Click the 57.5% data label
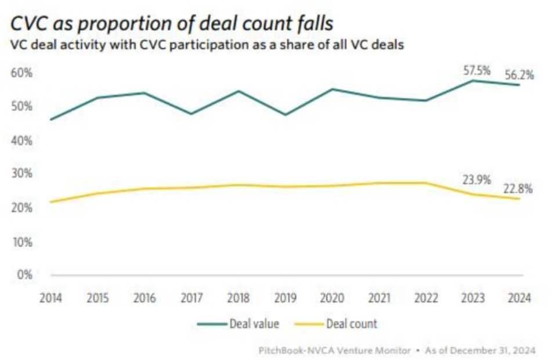(x=477, y=71)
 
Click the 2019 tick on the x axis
(x=285, y=298)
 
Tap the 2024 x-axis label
(x=519, y=298)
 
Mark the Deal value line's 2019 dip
(x=285, y=114)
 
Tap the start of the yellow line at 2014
(x=51, y=202)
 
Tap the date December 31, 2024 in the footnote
(x=500, y=350)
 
